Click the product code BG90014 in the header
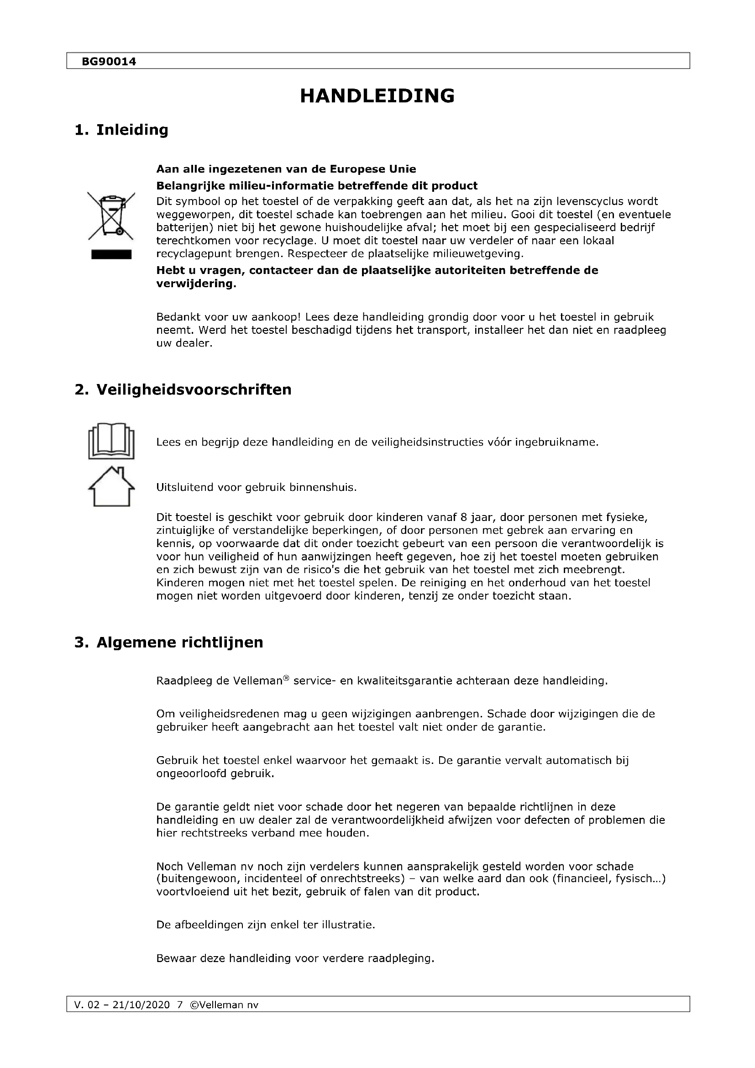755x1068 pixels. (109, 61)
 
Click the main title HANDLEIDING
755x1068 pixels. (377, 96)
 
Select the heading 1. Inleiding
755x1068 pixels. (121, 130)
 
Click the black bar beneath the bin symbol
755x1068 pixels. (111, 254)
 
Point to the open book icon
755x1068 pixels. (111, 441)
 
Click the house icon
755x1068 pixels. (111, 486)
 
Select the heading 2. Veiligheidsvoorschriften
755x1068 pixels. (183, 389)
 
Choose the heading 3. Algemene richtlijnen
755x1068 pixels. (169, 642)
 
